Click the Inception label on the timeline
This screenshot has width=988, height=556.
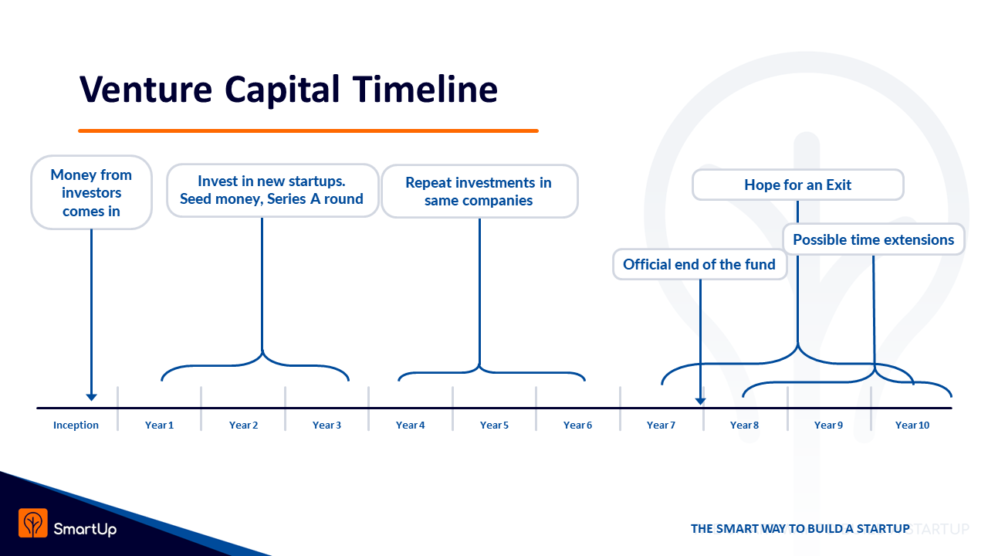pos(76,425)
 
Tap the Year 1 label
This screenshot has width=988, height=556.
pos(159,425)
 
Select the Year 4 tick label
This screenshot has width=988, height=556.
pos(410,425)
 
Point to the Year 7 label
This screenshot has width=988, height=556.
pos(661,425)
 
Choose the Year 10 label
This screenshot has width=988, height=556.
pos(912,425)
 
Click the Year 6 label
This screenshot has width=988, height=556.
pos(577,425)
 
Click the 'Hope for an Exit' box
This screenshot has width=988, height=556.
pos(798,185)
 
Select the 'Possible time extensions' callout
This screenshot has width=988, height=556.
pos(873,239)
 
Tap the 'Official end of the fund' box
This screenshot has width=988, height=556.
pos(699,264)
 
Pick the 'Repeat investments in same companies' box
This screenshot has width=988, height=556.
pos(479,192)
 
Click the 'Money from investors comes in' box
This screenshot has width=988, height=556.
pos(91,192)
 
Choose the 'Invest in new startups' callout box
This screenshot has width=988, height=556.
pos(272,191)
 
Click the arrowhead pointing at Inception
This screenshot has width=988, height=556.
pos(91,397)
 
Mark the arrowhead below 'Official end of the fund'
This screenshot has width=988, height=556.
pos(700,401)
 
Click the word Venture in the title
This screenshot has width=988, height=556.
pos(146,90)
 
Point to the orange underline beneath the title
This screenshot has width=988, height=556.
pos(308,131)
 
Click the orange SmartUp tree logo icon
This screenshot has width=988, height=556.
pos(33,524)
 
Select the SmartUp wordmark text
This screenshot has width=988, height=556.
pos(85,529)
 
